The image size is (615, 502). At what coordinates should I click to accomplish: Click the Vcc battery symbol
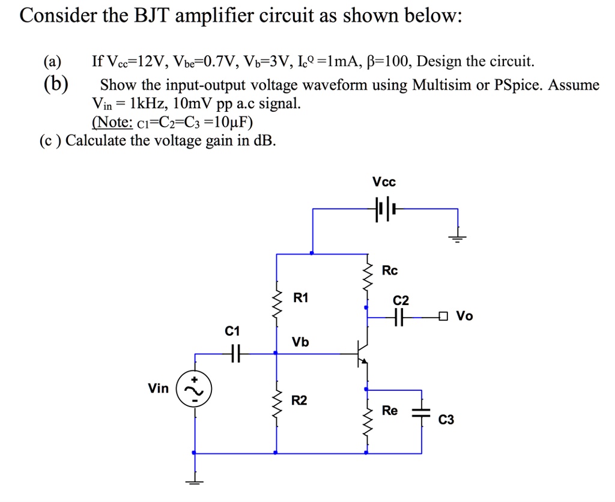click(384, 209)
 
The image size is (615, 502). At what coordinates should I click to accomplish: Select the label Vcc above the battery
click(384, 182)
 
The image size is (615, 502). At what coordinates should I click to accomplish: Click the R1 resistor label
click(301, 298)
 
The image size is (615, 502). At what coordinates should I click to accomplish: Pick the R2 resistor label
click(298, 401)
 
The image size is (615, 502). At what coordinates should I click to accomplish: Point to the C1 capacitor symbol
click(234, 354)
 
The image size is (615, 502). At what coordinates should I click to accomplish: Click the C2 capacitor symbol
click(399, 316)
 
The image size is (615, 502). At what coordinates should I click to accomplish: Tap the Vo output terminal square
click(443, 316)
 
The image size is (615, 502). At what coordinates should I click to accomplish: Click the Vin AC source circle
click(193, 391)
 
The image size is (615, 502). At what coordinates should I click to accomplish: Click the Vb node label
click(300, 342)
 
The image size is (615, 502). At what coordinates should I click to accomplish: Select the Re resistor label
click(390, 411)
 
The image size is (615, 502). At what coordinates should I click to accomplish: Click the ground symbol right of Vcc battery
click(458, 237)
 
